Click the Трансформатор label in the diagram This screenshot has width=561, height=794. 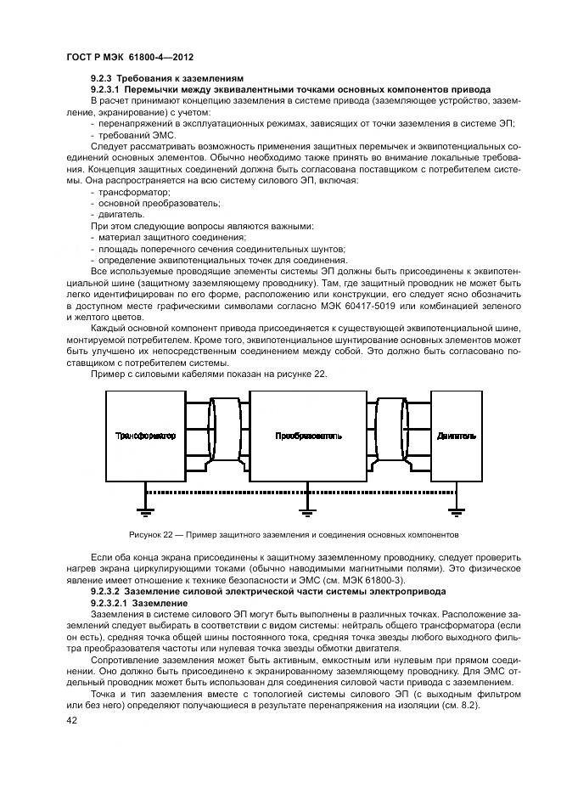pyautogui.click(x=145, y=436)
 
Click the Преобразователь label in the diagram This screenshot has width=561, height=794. pyautogui.click(x=308, y=436)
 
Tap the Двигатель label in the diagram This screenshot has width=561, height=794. pyautogui.click(x=456, y=436)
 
